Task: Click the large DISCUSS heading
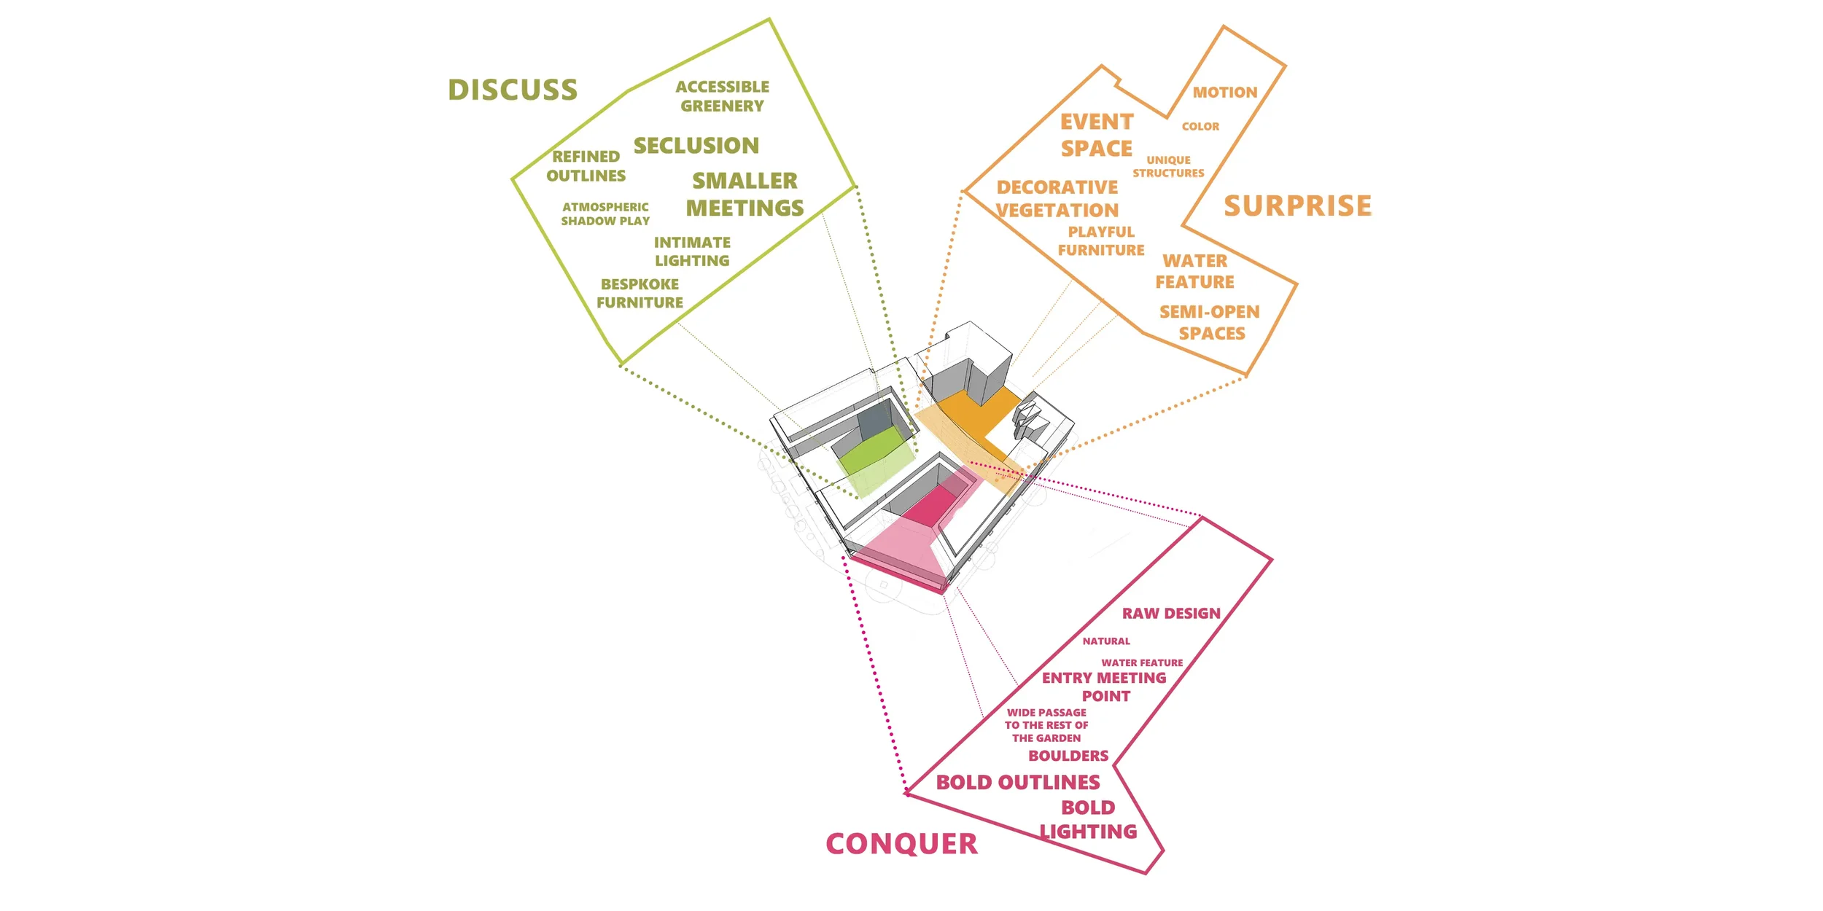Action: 513,90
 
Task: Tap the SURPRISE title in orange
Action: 1297,206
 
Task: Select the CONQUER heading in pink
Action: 901,844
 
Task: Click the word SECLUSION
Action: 696,146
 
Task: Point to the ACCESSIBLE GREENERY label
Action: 722,96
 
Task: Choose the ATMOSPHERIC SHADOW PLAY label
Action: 605,214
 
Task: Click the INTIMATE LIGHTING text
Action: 692,251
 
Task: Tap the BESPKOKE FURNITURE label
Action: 640,294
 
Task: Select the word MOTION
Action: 1225,93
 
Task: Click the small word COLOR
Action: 1200,127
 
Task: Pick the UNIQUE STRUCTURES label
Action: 1168,167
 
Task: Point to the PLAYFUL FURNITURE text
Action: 1101,241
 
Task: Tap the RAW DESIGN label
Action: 1171,614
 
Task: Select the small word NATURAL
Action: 1106,641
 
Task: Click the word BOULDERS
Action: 1068,756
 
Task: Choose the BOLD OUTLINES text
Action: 1018,783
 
